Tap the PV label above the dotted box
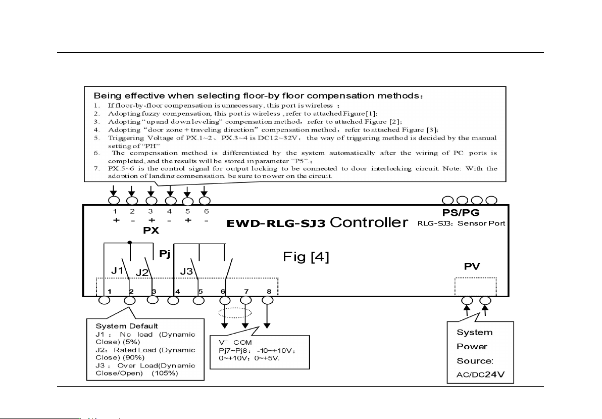[472, 266]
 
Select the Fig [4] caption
[306, 258]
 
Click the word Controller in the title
[369, 223]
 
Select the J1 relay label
[117, 270]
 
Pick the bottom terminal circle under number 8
[268, 300]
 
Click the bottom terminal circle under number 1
[104, 300]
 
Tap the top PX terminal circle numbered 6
[205, 200]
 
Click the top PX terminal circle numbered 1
[115, 200]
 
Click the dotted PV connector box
[475, 287]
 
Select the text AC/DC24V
[478, 376]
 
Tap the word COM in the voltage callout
[242, 342]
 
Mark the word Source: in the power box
[475, 361]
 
